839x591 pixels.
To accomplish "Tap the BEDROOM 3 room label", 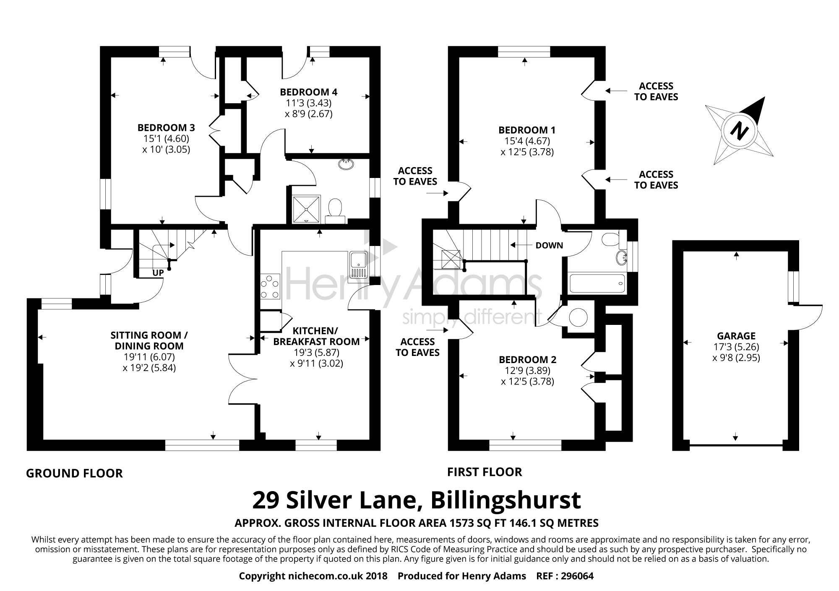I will tap(166, 127).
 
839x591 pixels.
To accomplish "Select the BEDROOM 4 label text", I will tap(309, 92).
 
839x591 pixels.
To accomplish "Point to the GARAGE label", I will tap(736, 336).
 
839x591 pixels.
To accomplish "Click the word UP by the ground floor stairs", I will tap(158, 273).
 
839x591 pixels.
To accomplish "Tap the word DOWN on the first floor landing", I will tap(549, 246).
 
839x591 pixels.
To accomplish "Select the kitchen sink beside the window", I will tap(358, 265).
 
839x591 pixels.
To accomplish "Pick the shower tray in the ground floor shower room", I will tap(305, 208).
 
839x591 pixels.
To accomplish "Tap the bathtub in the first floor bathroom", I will tap(597, 283).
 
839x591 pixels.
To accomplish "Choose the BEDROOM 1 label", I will tap(527, 130).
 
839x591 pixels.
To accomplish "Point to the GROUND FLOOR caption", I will tap(74, 473).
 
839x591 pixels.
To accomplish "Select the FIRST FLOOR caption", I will tap(485, 472).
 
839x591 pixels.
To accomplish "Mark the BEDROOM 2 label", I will tap(527, 360).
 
